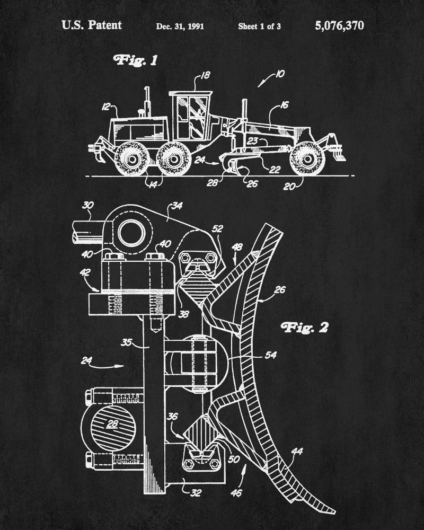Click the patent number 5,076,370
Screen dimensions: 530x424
339,25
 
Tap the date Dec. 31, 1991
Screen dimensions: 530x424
180,26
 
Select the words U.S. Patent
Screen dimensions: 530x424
91,25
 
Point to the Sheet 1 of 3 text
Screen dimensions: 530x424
259,26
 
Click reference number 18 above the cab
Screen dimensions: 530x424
205,76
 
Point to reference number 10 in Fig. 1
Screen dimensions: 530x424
279,75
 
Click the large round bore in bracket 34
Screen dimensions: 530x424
132,233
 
